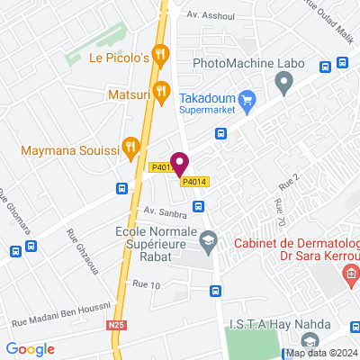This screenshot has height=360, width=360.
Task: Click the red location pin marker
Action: pyautogui.click(x=179, y=164)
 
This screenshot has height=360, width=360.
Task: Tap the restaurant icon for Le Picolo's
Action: pyautogui.click(x=160, y=56)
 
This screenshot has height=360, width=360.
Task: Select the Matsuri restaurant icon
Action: pyautogui.click(x=161, y=90)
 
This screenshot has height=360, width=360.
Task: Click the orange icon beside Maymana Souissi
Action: pyautogui.click(x=131, y=145)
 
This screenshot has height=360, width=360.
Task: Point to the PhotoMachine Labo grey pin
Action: pyautogui.click(x=284, y=85)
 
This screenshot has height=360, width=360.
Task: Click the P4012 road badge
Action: pyautogui.click(x=160, y=167)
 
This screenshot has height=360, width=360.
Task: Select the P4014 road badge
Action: pyautogui.click(x=195, y=182)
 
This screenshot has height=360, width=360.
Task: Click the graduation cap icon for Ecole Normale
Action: pyautogui.click(x=208, y=238)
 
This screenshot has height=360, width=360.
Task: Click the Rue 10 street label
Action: pyautogui.click(x=146, y=284)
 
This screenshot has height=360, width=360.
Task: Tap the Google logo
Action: pyautogui.click(x=31, y=348)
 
